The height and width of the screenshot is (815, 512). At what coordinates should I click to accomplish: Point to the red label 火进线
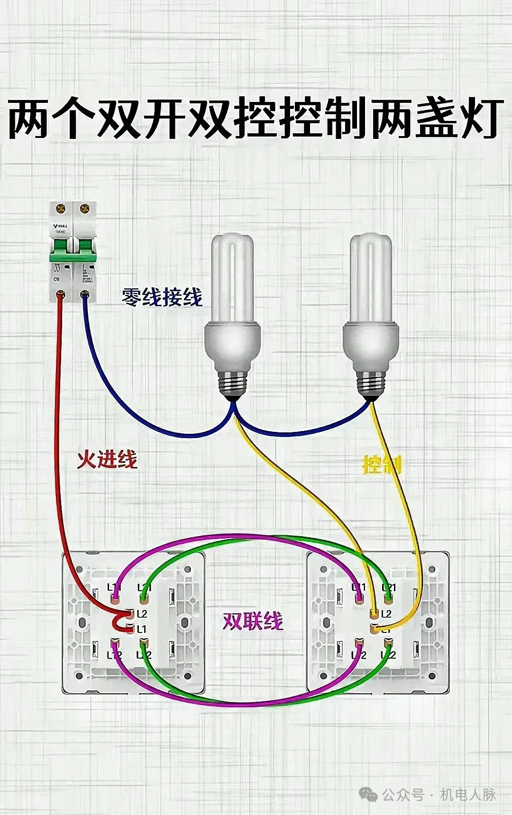click(107, 459)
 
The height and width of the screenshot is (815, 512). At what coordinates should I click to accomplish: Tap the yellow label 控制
click(382, 465)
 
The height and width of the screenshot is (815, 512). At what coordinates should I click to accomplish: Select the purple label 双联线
click(253, 621)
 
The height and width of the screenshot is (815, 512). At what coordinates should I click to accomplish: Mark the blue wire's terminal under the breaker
click(85, 295)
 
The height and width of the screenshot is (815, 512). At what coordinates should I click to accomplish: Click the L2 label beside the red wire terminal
click(142, 614)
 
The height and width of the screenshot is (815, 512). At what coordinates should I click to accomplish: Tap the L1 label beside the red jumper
click(142, 630)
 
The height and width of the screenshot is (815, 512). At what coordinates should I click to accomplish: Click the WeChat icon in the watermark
click(368, 794)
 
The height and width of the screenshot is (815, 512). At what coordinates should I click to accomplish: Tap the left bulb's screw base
click(233, 382)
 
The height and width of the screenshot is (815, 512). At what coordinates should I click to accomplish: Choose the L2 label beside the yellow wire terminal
click(386, 614)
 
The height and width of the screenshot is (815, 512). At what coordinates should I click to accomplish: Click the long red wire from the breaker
click(57, 450)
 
